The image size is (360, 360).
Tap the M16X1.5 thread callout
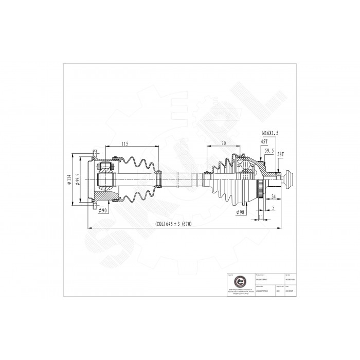(269, 133)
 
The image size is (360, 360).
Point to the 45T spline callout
(264, 141)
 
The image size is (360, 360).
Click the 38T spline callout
(280, 154)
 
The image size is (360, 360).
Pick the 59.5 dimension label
(268, 151)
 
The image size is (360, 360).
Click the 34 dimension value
(273, 196)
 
